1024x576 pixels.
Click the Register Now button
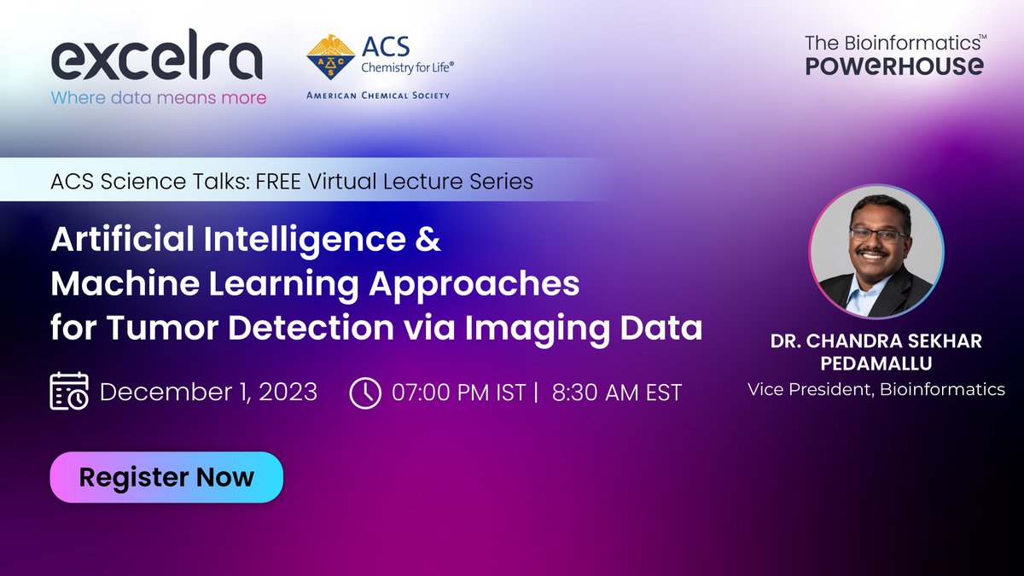166,476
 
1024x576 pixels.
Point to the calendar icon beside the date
68,392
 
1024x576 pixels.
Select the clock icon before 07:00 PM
365,393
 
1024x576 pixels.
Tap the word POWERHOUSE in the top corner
894,67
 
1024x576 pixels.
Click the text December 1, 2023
208,393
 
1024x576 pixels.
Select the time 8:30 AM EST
617,393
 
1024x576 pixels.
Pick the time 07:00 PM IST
458,393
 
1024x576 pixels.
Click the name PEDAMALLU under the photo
876,364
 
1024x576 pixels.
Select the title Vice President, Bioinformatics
876,390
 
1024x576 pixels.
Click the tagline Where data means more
159,97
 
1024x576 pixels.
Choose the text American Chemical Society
378,96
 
